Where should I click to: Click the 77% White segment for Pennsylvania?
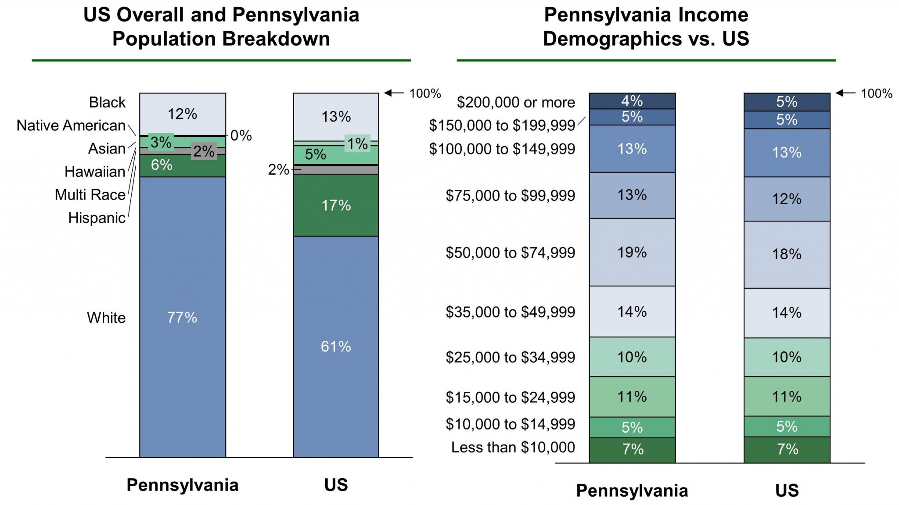[182, 317]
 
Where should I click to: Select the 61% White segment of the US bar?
[336, 347]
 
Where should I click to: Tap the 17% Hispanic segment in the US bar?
[336, 205]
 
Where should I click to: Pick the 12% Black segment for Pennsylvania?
[182, 114]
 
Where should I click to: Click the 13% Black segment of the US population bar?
[336, 117]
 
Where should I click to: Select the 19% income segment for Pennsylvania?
[632, 252]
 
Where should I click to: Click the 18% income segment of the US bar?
[787, 254]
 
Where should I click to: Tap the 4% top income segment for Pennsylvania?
[632, 101]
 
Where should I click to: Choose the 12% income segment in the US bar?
[787, 199]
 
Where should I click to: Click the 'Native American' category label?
[71, 125]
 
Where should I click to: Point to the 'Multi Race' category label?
[90, 194]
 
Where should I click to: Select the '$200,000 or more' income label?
[516, 102]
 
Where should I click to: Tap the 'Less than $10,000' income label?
[513, 447]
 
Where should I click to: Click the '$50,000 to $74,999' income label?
[510, 253]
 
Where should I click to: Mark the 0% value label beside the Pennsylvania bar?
[241, 136]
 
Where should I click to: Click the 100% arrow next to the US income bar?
[845, 93]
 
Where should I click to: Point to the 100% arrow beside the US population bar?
[394, 93]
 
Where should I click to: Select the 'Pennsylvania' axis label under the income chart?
[632, 491]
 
